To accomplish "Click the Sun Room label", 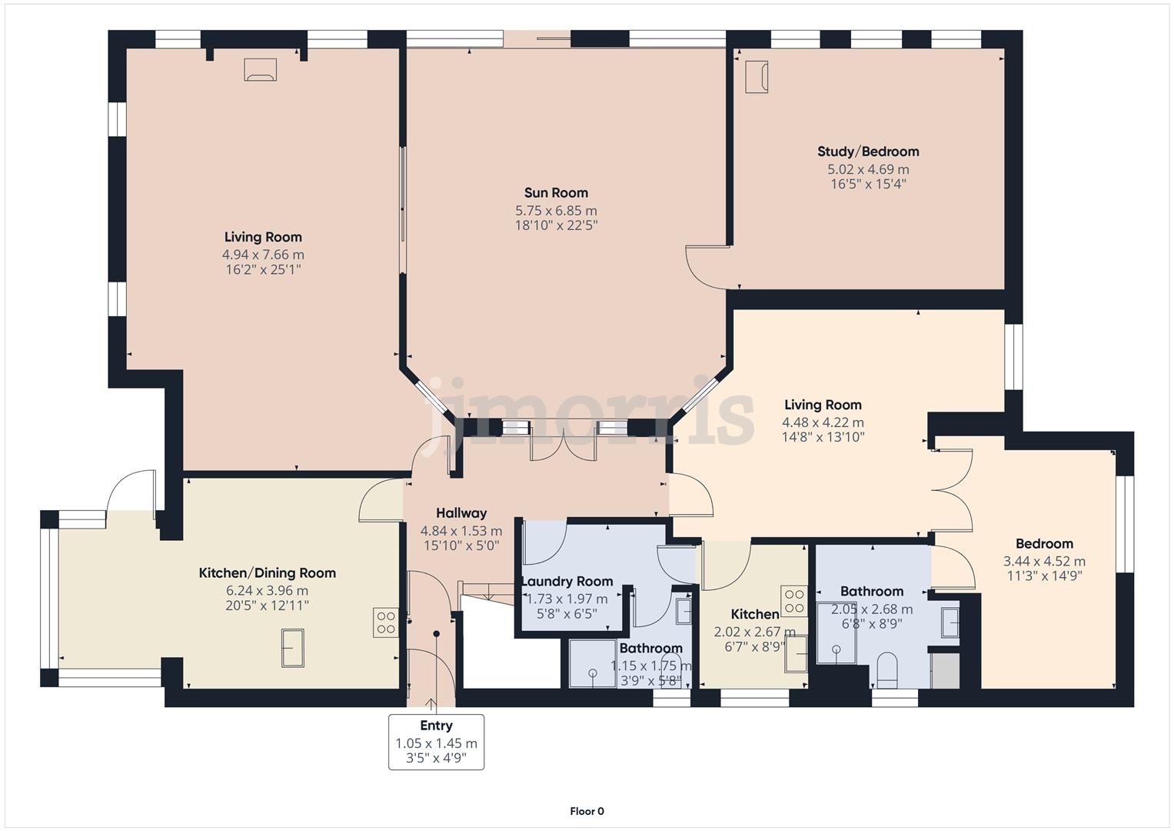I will coord(556,193).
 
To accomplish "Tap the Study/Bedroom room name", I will coord(868,152).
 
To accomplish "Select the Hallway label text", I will coord(461,513).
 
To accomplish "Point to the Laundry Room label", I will coord(567,582).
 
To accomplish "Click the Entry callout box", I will coord(436,741).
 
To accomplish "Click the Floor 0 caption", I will coord(587,811).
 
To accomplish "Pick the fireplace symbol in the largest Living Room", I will coord(260,69).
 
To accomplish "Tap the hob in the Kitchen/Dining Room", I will coord(386,622).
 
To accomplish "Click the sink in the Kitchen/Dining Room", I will coord(293,648).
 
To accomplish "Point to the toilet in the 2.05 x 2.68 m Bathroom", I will coord(886,669).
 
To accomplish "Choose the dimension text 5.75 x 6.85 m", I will coord(556,211).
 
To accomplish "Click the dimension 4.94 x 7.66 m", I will coord(263,255).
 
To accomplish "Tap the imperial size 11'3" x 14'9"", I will coord(1044,576).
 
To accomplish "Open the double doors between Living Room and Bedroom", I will coord(952,489).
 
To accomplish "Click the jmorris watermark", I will coord(588,415).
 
